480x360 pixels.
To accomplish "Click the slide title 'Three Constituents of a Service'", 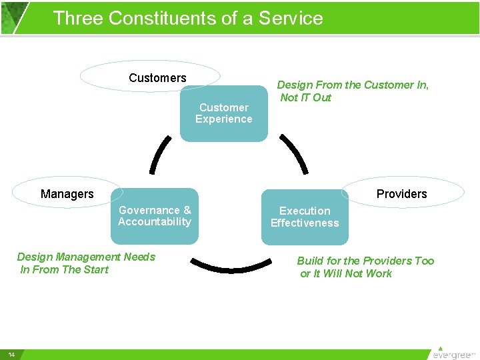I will [187, 18].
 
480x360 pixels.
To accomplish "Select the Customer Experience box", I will [224, 113].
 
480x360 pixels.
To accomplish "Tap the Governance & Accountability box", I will [155, 216].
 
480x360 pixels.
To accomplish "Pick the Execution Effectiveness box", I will [305, 217].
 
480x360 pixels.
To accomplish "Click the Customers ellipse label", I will [157, 78].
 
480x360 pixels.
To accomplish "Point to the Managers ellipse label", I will [67, 194].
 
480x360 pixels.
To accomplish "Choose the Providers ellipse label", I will [401, 194].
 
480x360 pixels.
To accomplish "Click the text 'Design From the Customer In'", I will [353, 85].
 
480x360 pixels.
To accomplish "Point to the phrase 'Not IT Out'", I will [306, 97].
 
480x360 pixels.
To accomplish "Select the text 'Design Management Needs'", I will [86, 257].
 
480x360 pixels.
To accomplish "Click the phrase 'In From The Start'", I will [65, 269].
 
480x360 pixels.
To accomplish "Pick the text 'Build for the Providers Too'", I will [365, 261].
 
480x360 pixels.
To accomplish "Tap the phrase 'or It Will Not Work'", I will [346, 273].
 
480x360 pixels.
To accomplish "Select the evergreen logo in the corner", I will [453, 353].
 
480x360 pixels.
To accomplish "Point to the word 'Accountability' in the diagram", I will [155, 222].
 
